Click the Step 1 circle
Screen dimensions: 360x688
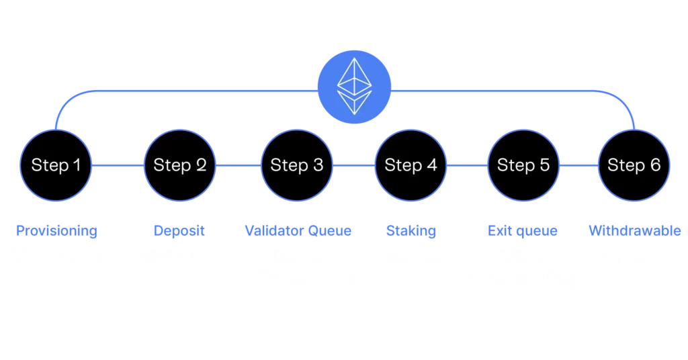pos(56,165)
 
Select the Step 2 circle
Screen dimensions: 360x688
pos(179,165)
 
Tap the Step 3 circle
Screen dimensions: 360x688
pos(296,165)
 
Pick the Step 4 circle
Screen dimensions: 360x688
pos(411,165)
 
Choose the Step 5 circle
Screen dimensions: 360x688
pos(523,165)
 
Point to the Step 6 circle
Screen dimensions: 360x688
pos(634,165)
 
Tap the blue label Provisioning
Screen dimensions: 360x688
pos(58,231)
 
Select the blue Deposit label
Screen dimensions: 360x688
pos(179,231)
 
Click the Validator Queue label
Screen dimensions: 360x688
pos(297,231)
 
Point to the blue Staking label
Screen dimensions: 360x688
pos(411,231)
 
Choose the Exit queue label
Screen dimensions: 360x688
pos(521,231)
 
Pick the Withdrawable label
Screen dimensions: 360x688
pos(635,231)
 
